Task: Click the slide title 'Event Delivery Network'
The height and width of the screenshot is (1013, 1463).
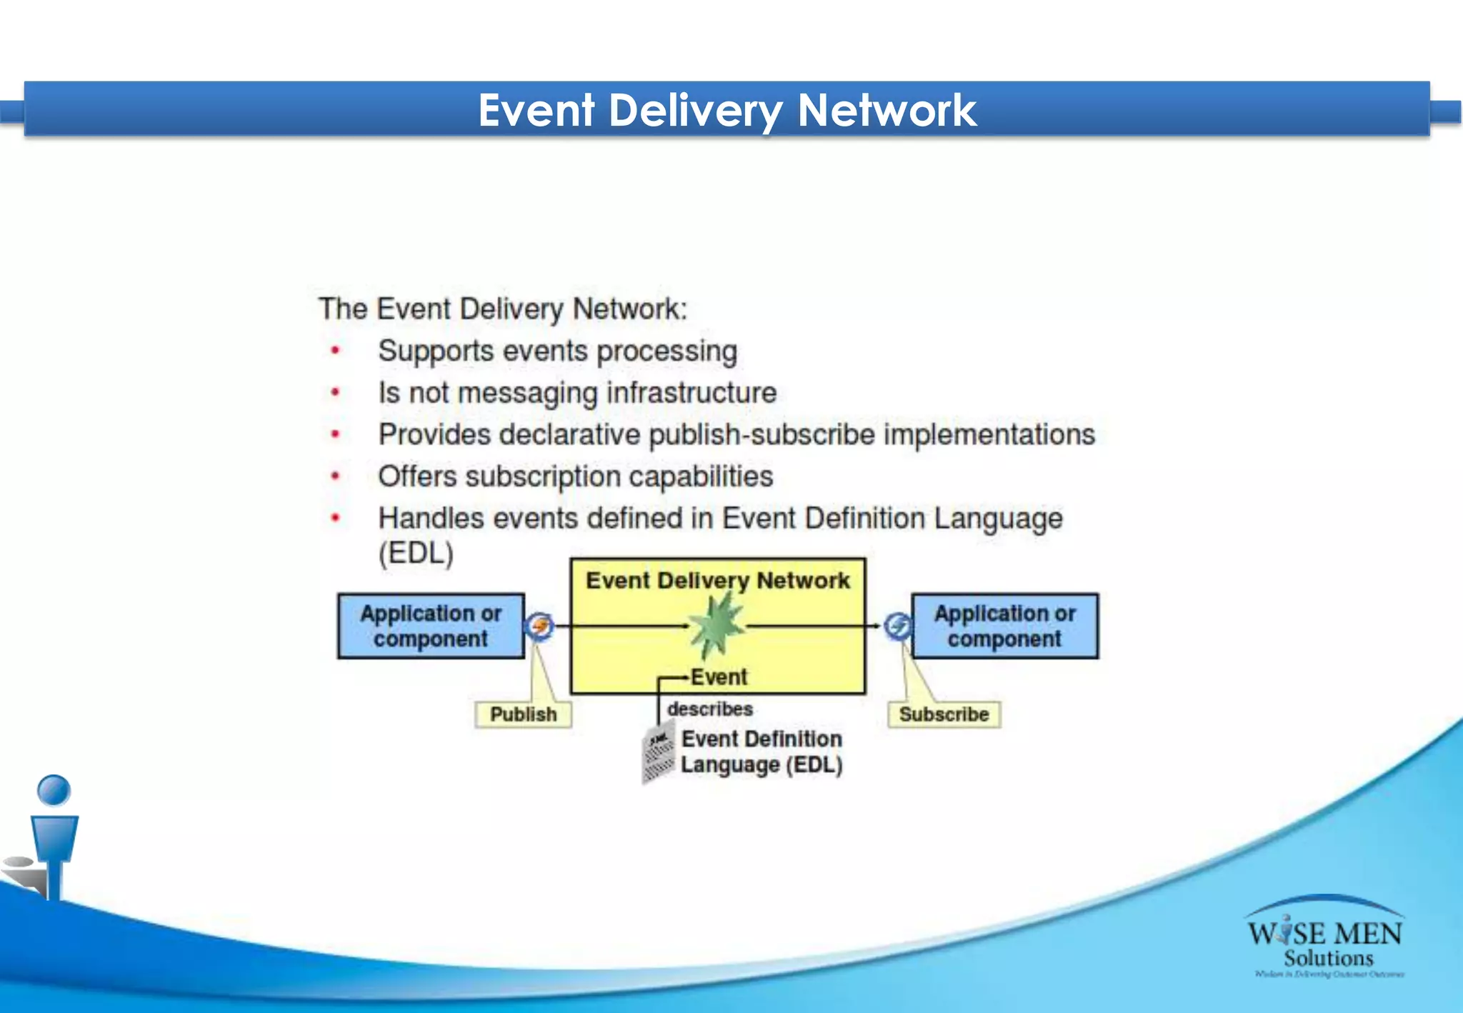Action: (x=726, y=110)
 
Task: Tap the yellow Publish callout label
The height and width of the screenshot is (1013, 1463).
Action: (x=523, y=714)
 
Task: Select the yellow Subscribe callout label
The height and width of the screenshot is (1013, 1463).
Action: (x=944, y=714)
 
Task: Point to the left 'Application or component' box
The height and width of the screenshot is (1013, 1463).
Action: (x=431, y=626)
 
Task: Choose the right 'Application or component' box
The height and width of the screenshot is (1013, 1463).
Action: (x=1004, y=626)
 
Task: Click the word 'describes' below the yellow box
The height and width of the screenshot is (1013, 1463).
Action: (x=710, y=709)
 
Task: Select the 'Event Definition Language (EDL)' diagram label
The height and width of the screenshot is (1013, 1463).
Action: (x=762, y=752)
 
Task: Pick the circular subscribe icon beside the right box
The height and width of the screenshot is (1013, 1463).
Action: (x=897, y=626)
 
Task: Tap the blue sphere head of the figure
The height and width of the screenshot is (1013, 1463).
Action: (x=54, y=790)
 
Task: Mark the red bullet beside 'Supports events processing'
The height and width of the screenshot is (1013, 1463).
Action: (x=335, y=350)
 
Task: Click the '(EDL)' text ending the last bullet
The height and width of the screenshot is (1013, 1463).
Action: (x=416, y=553)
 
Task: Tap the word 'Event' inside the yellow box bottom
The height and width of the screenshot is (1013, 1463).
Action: (x=719, y=677)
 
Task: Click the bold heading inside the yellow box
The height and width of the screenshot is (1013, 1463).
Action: (x=718, y=580)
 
